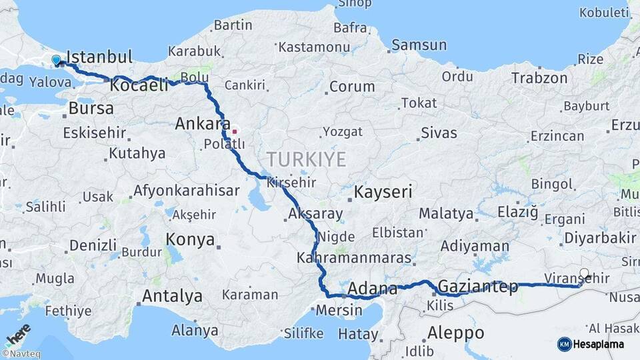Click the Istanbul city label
click(x=100, y=56)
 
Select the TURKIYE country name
click(x=307, y=159)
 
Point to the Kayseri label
click(x=383, y=193)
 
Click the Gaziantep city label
click(x=478, y=287)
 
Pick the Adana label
click(x=373, y=289)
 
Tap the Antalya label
click(x=173, y=295)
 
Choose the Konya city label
click(x=191, y=239)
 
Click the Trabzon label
click(x=539, y=78)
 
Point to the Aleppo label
click(x=456, y=332)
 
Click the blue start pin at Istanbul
click(x=56, y=60)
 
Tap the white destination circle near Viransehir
click(x=585, y=273)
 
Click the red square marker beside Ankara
click(x=234, y=131)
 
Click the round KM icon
click(x=564, y=344)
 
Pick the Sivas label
click(x=439, y=133)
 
